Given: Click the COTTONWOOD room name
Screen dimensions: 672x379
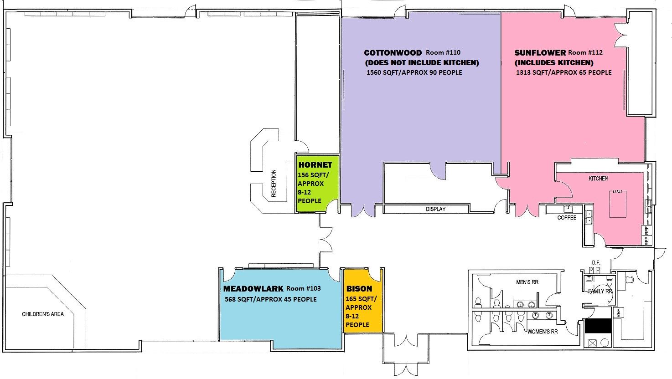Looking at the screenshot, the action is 393,53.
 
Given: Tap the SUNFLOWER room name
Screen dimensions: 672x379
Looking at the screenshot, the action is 540,53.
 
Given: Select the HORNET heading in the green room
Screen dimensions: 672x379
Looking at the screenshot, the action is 315,165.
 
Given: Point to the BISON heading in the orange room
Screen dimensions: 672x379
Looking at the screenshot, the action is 359,289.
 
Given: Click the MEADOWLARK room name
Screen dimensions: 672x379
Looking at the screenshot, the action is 253,289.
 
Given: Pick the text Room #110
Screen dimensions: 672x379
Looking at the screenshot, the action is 443,52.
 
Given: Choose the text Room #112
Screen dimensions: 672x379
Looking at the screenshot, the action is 585,52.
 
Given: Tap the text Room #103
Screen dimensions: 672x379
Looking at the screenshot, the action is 304,288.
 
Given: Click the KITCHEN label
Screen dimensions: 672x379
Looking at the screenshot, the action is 599,179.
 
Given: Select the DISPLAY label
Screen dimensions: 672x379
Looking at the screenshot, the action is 435,209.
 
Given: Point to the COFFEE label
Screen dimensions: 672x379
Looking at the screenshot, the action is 567,218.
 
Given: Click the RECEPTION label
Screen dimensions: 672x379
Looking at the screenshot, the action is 274,183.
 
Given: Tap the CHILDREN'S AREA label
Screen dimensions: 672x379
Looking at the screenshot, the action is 43,314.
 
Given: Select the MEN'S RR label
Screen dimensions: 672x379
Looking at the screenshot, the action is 527,282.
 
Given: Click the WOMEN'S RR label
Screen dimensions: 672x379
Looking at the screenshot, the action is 543,332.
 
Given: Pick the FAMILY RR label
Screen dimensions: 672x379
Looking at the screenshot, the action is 600,291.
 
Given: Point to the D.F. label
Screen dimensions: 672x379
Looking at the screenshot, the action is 596,263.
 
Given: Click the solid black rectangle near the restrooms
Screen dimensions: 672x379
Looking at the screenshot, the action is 598,326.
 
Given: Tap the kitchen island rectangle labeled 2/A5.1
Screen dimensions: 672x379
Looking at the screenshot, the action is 618,204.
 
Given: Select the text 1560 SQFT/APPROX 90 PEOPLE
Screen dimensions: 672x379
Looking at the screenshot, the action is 414,72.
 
